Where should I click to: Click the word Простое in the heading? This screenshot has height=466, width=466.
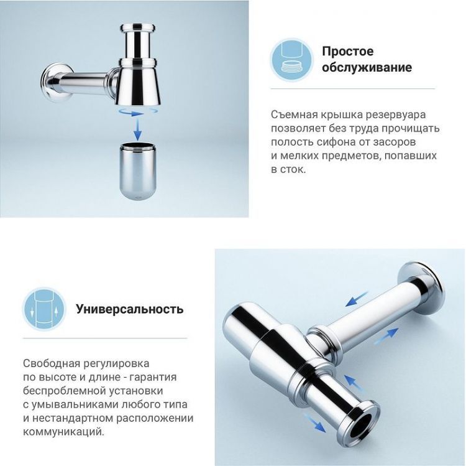(347, 51)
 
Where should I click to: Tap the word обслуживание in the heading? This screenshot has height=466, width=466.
(367, 67)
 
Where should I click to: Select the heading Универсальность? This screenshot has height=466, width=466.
(129, 309)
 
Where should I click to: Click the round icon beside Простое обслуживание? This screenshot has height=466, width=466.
(291, 58)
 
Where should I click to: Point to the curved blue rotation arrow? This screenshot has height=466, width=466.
(137, 113)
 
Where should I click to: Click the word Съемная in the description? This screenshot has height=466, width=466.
(293, 115)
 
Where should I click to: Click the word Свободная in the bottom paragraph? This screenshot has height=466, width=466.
(51, 363)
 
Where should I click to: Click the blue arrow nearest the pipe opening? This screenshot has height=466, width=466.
(317, 425)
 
